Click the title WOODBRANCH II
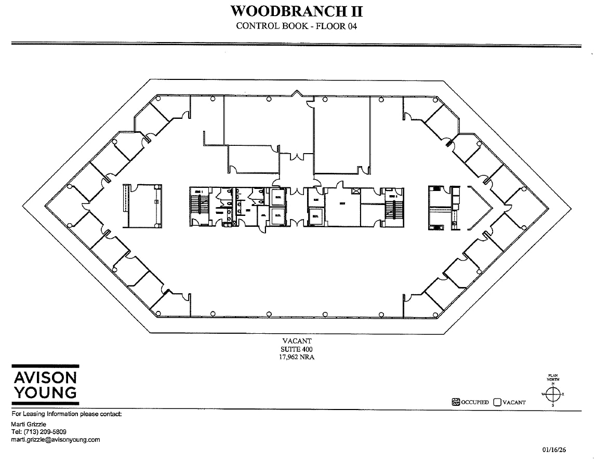[x=296, y=11]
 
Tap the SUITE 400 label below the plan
[x=297, y=349]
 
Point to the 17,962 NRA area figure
[x=297, y=357]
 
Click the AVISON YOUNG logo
[x=45, y=385]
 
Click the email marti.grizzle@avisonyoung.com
[x=56, y=440]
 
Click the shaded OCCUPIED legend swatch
[x=456, y=402]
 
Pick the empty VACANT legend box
[x=497, y=402]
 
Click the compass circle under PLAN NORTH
[x=553, y=394]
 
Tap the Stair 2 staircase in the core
[x=391, y=207]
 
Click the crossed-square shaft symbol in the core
[x=355, y=192]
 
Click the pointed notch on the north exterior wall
[x=297, y=93]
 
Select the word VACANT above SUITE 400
[x=297, y=342]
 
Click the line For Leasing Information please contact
[x=67, y=414]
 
